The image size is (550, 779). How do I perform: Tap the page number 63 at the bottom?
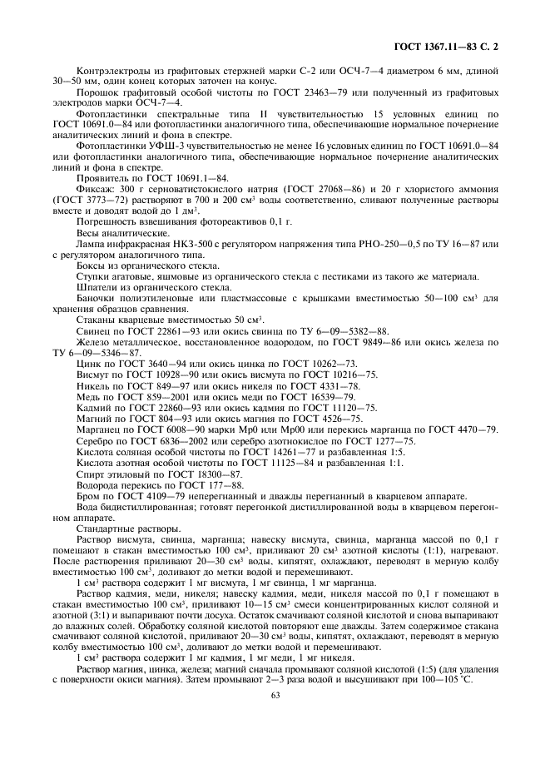point(274,697)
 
